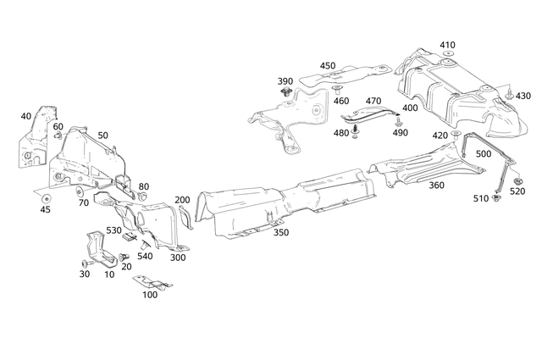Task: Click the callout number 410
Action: click(x=447, y=44)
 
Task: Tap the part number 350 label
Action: click(x=280, y=231)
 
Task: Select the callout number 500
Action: click(x=483, y=155)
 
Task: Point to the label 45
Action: click(x=45, y=209)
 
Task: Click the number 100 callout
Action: click(x=149, y=294)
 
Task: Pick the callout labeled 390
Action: click(x=285, y=81)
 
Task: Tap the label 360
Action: click(x=436, y=185)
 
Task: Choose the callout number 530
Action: click(x=113, y=230)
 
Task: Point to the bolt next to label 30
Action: click(x=86, y=263)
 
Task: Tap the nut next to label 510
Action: click(x=498, y=197)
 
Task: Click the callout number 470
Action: click(x=373, y=101)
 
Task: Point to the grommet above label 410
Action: click(x=446, y=57)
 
